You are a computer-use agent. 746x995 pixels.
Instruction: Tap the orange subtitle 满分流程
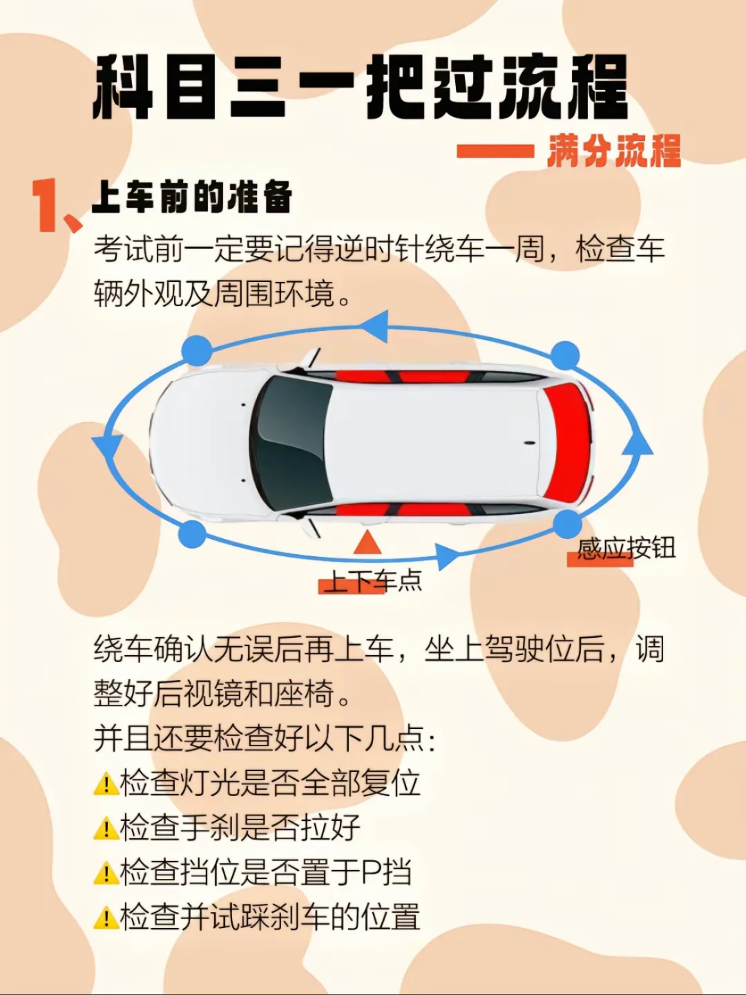[x=613, y=150]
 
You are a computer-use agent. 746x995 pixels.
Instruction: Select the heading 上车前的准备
[x=192, y=196]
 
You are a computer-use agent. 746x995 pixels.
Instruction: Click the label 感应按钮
[x=626, y=549]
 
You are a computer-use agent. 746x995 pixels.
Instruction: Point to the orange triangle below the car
[x=367, y=544]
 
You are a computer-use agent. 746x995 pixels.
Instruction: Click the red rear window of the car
[x=568, y=443]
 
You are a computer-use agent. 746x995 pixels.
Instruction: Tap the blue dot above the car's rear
[x=565, y=356]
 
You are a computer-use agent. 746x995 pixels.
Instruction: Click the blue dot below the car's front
[x=192, y=534]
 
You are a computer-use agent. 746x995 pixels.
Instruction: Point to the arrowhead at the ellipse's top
[x=375, y=326]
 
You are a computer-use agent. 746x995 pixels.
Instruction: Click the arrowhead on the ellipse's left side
[x=108, y=447]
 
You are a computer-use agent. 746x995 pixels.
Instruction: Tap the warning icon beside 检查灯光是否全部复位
[x=106, y=784]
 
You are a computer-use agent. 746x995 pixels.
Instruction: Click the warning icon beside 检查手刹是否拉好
[x=106, y=828]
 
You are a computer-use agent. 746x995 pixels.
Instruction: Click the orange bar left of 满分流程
[x=495, y=151]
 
